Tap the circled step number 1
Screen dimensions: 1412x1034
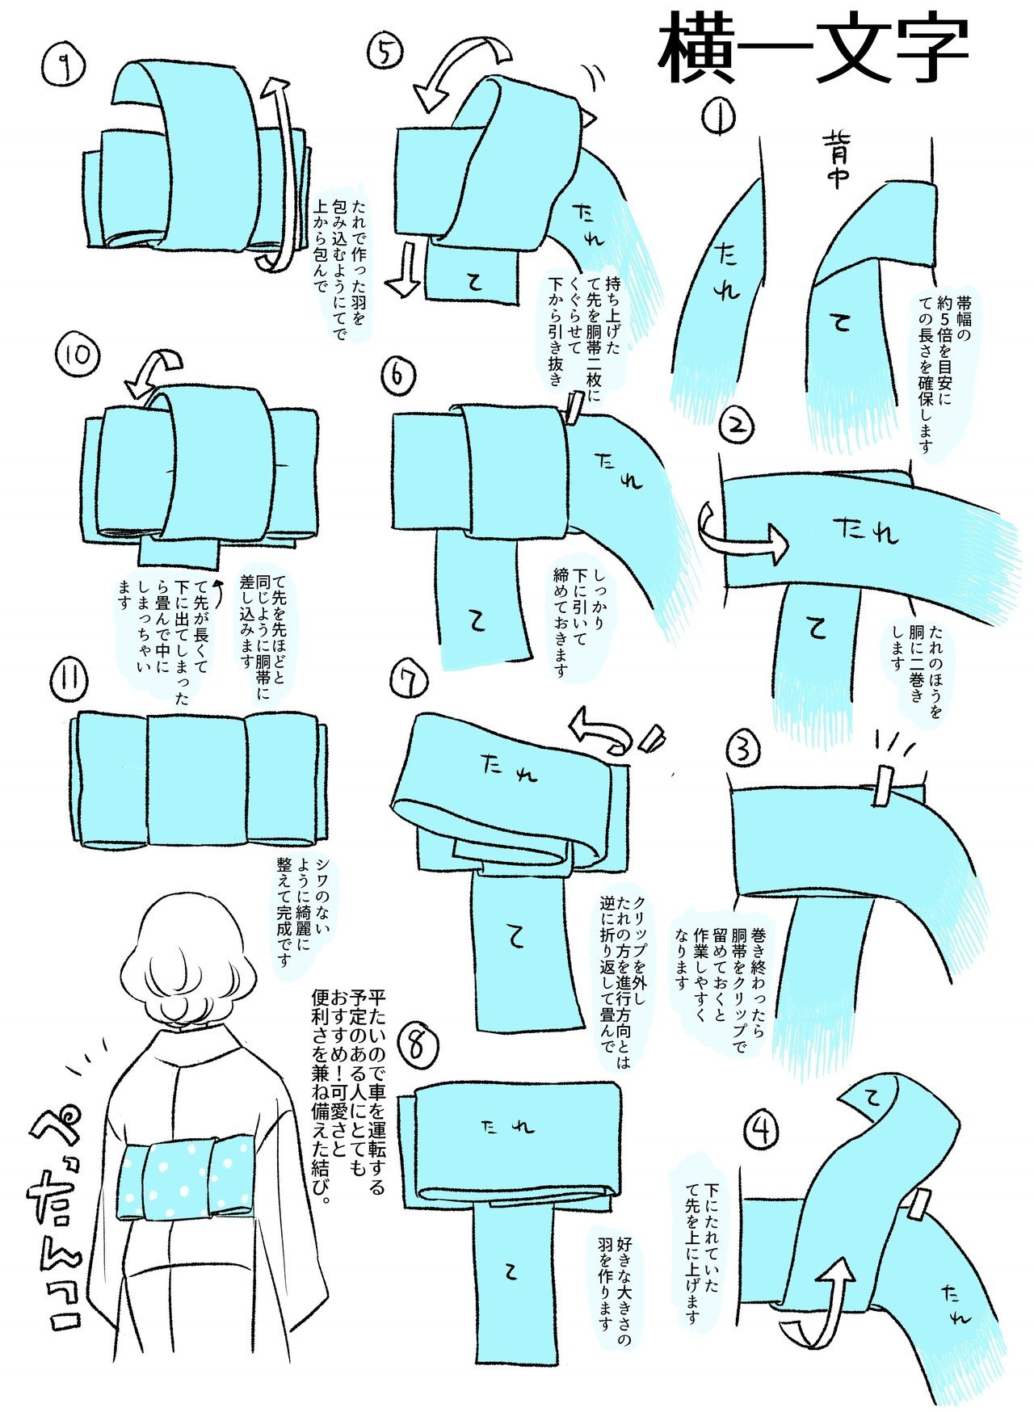click(x=718, y=118)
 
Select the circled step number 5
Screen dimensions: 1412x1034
click(x=385, y=52)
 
